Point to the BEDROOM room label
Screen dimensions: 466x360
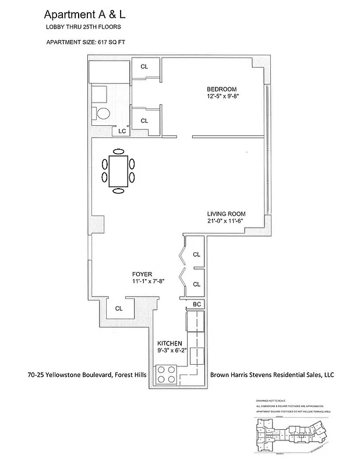click(221, 89)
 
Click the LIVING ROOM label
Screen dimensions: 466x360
click(226, 214)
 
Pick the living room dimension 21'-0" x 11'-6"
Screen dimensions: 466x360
click(226, 221)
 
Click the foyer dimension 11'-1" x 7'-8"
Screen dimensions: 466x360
click(149, 281)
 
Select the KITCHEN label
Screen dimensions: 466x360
click(170, 344)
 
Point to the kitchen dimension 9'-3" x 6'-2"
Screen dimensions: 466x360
click(172, 351)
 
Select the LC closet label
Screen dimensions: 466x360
click(122, 132)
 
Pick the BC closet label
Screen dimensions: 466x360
click(196, 305)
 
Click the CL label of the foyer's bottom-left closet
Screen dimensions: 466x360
click(119, 309)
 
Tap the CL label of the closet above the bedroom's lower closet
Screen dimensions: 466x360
click(144, 66)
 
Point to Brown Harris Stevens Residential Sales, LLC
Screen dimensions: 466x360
click(271, 375)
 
